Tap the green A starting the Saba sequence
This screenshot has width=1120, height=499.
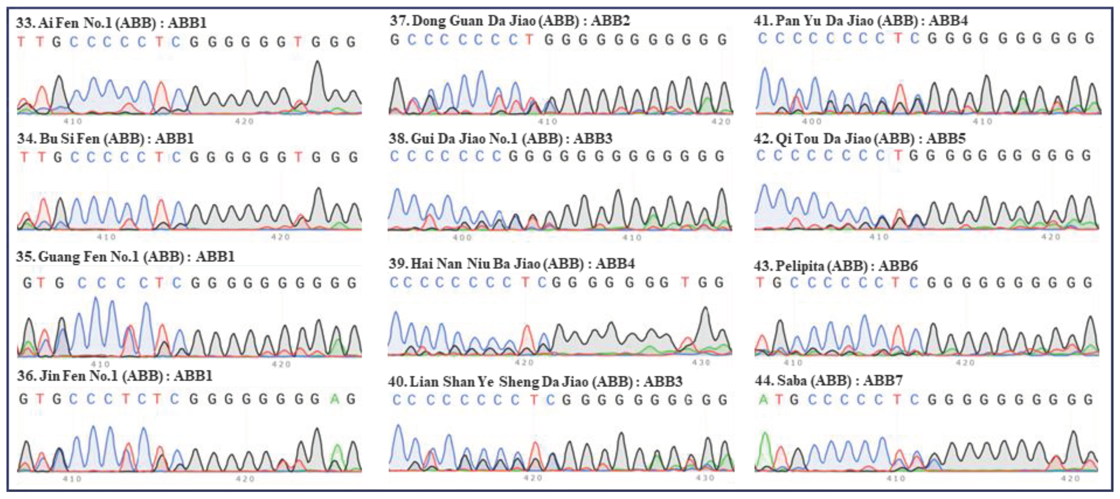pyautogui.click(x=763, y=399)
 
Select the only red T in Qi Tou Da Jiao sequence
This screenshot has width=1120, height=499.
pyautogui.click(x=897, y=155)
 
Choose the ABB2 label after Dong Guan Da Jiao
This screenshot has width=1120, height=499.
pyautogui.click(x=610, y=20)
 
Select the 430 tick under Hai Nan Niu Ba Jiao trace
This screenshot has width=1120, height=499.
pyautogui.click(x=701, y=362)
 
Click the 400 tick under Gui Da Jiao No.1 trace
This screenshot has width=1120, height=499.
pyautogui.click(x=462, y=238)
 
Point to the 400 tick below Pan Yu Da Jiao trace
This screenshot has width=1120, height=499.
pyautogui.click(x=811, y=121)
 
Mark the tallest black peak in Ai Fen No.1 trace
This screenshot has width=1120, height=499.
pyautogui.click(x=318, y=63)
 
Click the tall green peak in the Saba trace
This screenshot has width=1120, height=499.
pyautogui.click(x=764, y=435)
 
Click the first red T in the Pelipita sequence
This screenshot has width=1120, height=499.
pyautogui.click(x=760, y=283)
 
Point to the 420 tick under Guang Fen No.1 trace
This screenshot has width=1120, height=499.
pyautogui.click(x=281, y=364)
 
